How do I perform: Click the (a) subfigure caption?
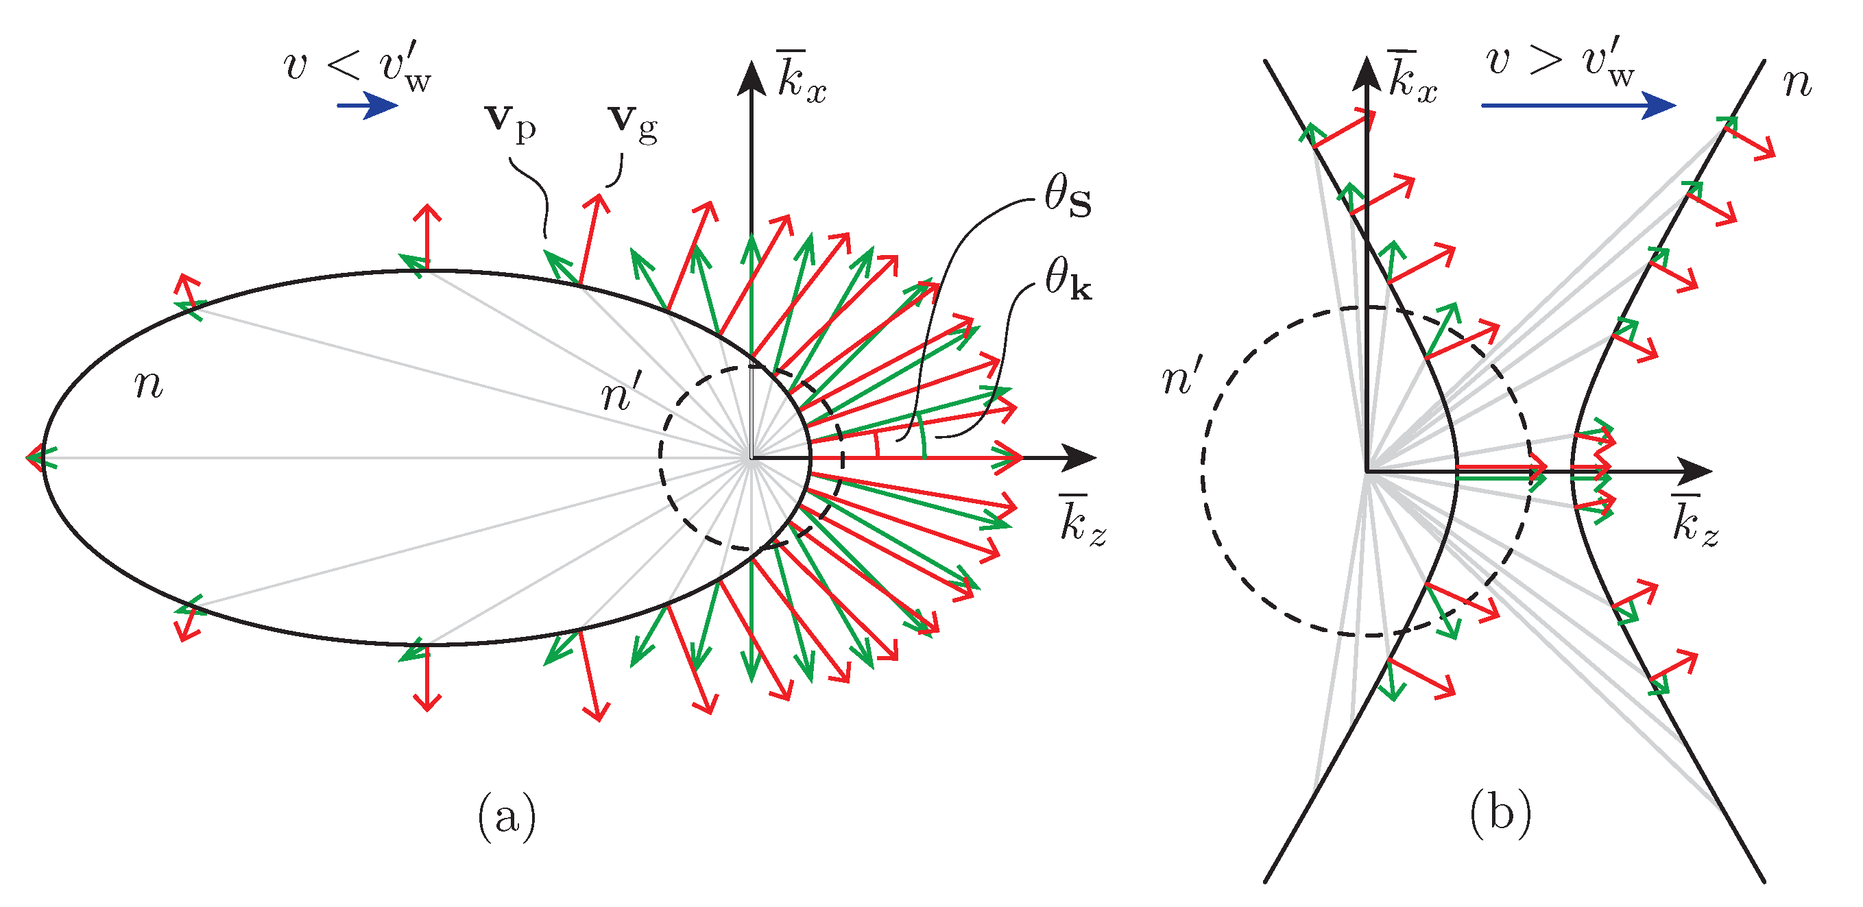pos(507,817)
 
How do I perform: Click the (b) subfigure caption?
pos(1501,812)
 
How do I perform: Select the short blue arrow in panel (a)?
pos(368,106)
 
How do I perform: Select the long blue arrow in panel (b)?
pos(1577,106)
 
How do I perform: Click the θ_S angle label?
pos(1068,197)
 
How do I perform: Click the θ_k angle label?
pos(1068,279)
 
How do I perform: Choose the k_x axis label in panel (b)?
pos(1412,78)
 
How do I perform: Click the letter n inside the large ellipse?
pos(149,384)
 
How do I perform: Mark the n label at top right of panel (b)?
pos(1798,83)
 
